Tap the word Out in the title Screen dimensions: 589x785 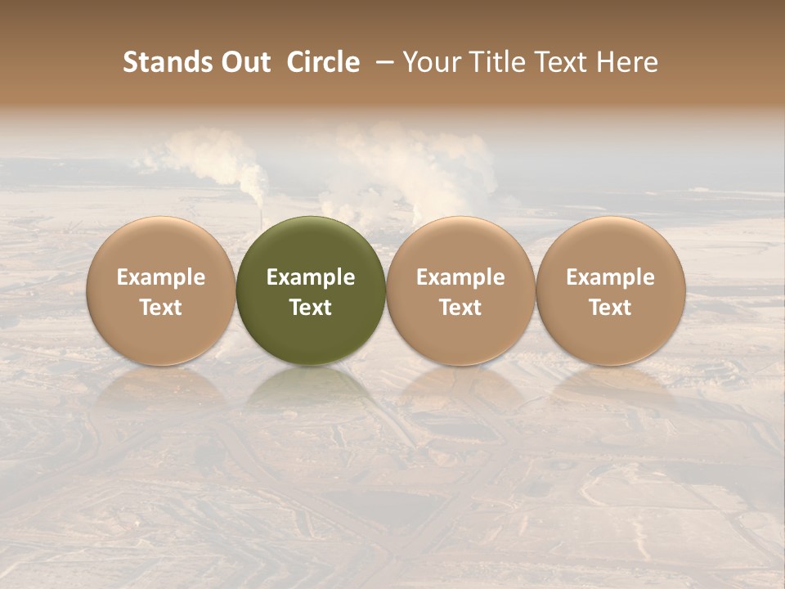pos(244,62)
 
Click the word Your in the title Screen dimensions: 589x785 pos(430,62)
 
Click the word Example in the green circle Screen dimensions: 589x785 pos(311,277)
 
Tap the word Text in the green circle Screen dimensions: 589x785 pos(311,308)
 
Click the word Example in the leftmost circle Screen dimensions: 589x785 pos(161,277)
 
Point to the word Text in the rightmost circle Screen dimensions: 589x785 pos(611,308)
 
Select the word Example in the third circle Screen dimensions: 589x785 pos(460,277)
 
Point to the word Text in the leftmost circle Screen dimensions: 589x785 pos(161,308)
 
